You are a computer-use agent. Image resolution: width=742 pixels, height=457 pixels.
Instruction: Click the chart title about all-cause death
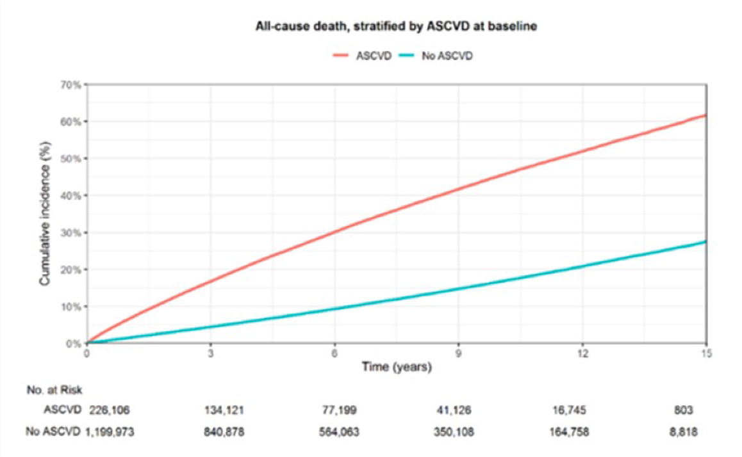tap(396, 26)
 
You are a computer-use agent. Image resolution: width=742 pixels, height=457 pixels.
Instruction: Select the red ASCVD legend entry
tap(362, 56)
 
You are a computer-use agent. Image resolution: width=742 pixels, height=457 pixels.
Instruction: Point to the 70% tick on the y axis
tap(71, 85)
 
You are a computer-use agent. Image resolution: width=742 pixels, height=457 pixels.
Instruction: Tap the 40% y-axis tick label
tap(71, 196)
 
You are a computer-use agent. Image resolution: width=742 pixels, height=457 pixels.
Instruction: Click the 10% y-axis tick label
tap(71, 307)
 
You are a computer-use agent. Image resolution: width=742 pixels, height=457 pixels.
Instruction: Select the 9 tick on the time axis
tap(458, 353)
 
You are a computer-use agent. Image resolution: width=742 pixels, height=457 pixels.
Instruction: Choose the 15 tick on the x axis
tap(706, 353)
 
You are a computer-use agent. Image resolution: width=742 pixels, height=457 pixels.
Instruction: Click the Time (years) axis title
tap(397, 367)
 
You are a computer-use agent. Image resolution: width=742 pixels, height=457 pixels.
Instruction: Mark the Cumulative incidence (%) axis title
tap(45, 214)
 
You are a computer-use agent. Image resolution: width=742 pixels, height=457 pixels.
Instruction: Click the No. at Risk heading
tap(54, 390)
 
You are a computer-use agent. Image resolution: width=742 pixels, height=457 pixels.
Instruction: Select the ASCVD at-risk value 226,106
tap(110, 410)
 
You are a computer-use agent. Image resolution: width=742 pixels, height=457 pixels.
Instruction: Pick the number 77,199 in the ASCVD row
tap(340, 410)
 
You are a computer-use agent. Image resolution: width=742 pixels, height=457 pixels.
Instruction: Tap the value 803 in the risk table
tap(683, 410)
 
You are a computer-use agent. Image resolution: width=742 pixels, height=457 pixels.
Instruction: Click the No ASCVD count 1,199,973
tap(110, 432)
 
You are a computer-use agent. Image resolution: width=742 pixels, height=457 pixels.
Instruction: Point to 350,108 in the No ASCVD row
tap(454, 432)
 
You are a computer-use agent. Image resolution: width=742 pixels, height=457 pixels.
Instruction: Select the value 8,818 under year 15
tap(683, 432)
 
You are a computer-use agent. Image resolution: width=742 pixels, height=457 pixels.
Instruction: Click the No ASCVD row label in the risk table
tap(53, 432)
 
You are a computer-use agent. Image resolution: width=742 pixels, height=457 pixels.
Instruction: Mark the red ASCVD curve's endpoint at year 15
tap(706, 115)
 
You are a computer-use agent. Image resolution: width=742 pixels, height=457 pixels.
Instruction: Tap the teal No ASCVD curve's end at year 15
tap(706, 241)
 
